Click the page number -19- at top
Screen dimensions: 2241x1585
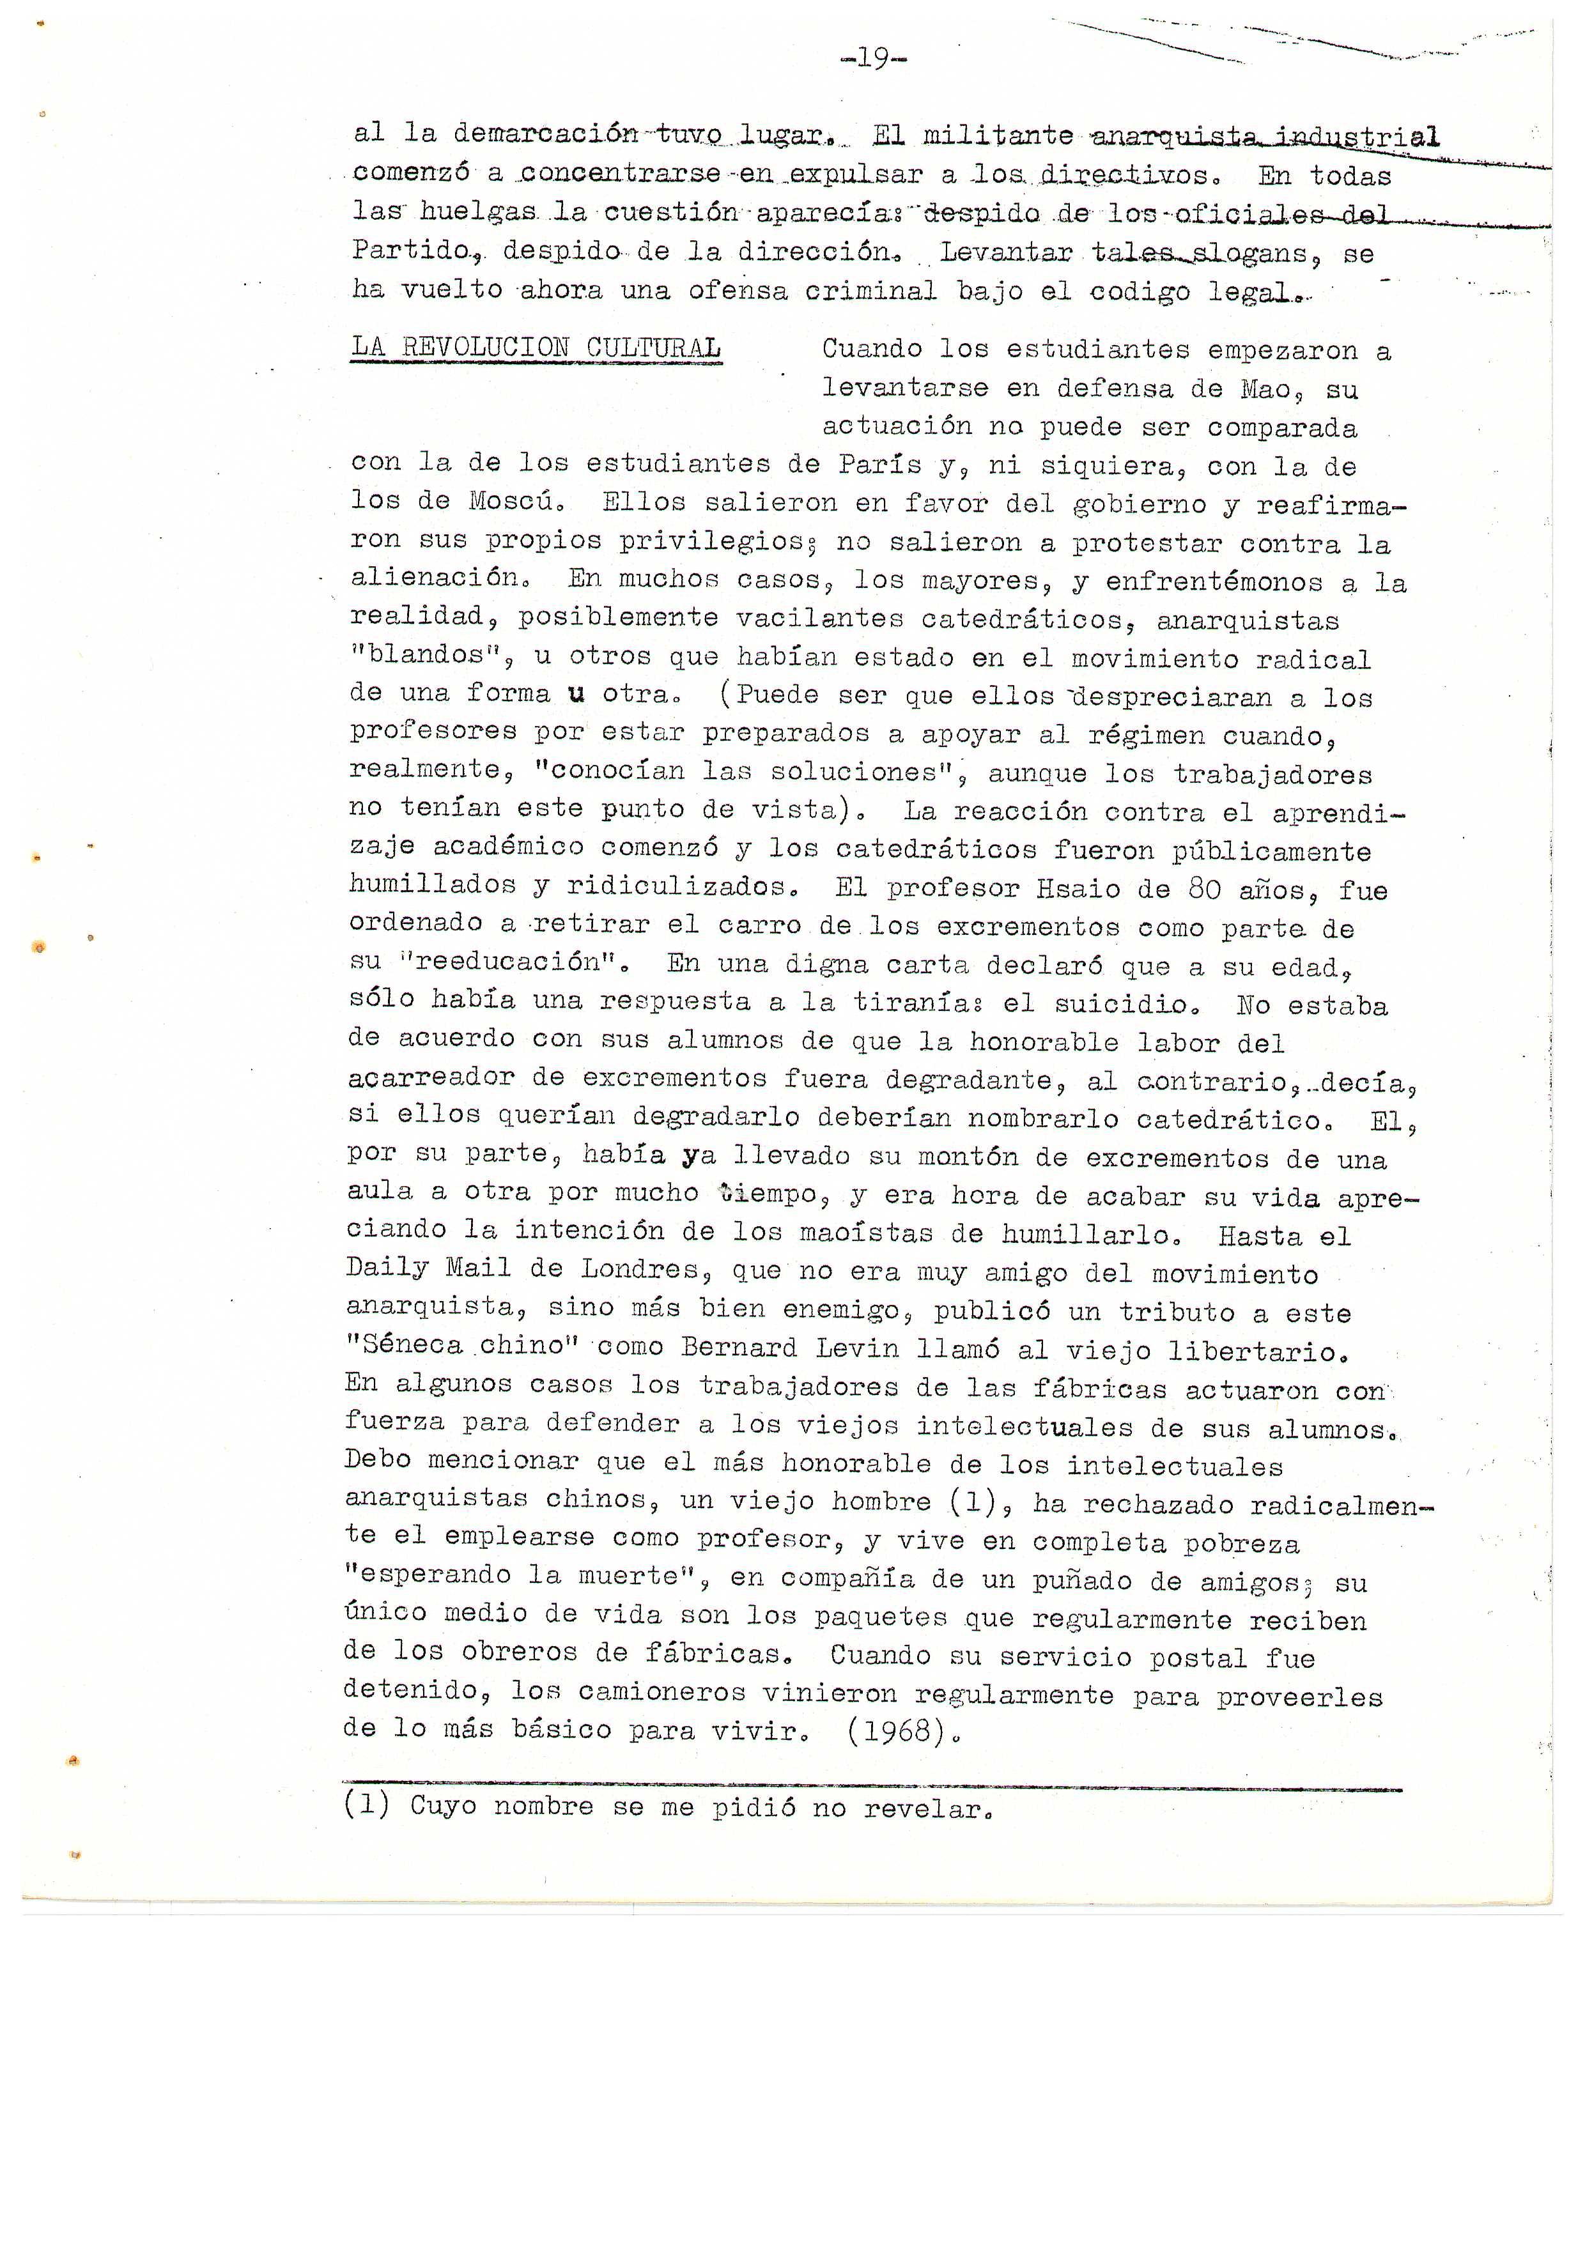[x=874, y=61]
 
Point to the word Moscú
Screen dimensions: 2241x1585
[x=511, y=502]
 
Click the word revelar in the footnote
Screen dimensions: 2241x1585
[x=922, y=1808]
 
